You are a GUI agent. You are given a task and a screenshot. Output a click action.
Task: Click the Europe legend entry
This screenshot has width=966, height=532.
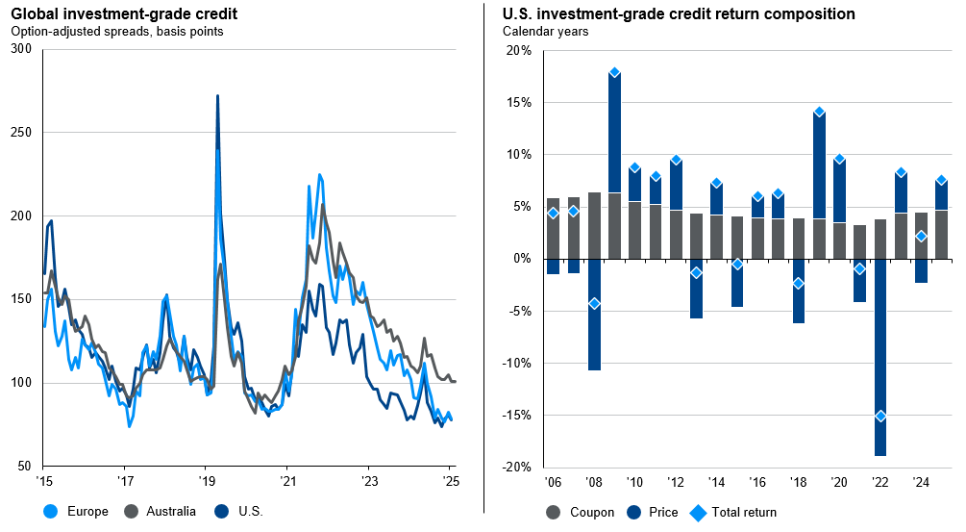[x=78, y=511]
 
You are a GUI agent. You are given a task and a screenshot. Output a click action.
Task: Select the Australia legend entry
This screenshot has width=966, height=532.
[x=162, y=511]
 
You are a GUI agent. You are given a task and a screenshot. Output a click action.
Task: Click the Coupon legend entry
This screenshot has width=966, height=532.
[x=581, y=512]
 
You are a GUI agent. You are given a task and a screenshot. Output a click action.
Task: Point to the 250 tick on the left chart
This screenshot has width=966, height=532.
[x=21, y=133]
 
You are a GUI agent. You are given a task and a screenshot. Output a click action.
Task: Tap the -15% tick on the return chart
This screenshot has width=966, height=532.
[x=519, y=416]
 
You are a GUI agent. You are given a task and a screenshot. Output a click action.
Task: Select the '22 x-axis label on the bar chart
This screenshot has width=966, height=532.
[x=879, y=481]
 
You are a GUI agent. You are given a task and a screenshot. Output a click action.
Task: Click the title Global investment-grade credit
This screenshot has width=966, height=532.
[x=124, y=14]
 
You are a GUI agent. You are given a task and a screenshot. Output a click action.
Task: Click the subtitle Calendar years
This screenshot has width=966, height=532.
[x=545, y=31]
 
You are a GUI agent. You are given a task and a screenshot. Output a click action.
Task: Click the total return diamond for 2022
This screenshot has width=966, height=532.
[x=879, y=416]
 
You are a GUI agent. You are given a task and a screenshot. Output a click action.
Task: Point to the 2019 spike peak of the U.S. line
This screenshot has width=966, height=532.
[x=217, y=96]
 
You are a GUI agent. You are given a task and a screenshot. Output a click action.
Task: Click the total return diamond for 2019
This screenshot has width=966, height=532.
[x=819, y=112]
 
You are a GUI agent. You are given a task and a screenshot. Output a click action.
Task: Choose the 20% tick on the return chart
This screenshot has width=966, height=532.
[x=519, y=50]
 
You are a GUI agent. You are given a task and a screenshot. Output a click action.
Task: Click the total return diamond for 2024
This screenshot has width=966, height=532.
[x=921, y=236]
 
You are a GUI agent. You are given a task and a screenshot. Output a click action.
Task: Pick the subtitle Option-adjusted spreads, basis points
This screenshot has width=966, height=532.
[x=116, y=31]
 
